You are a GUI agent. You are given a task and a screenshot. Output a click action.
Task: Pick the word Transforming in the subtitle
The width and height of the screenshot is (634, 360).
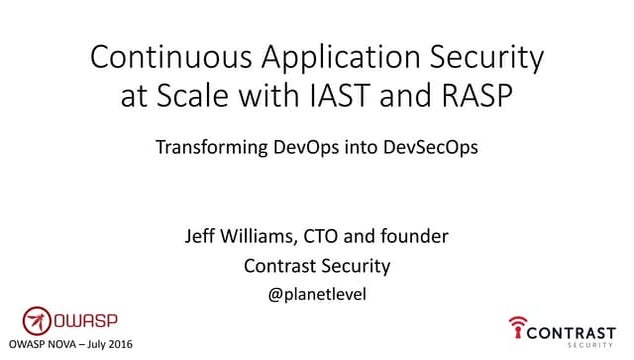click(208, 148)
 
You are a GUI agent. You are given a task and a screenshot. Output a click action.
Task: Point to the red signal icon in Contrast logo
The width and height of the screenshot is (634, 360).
click(517, 328)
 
